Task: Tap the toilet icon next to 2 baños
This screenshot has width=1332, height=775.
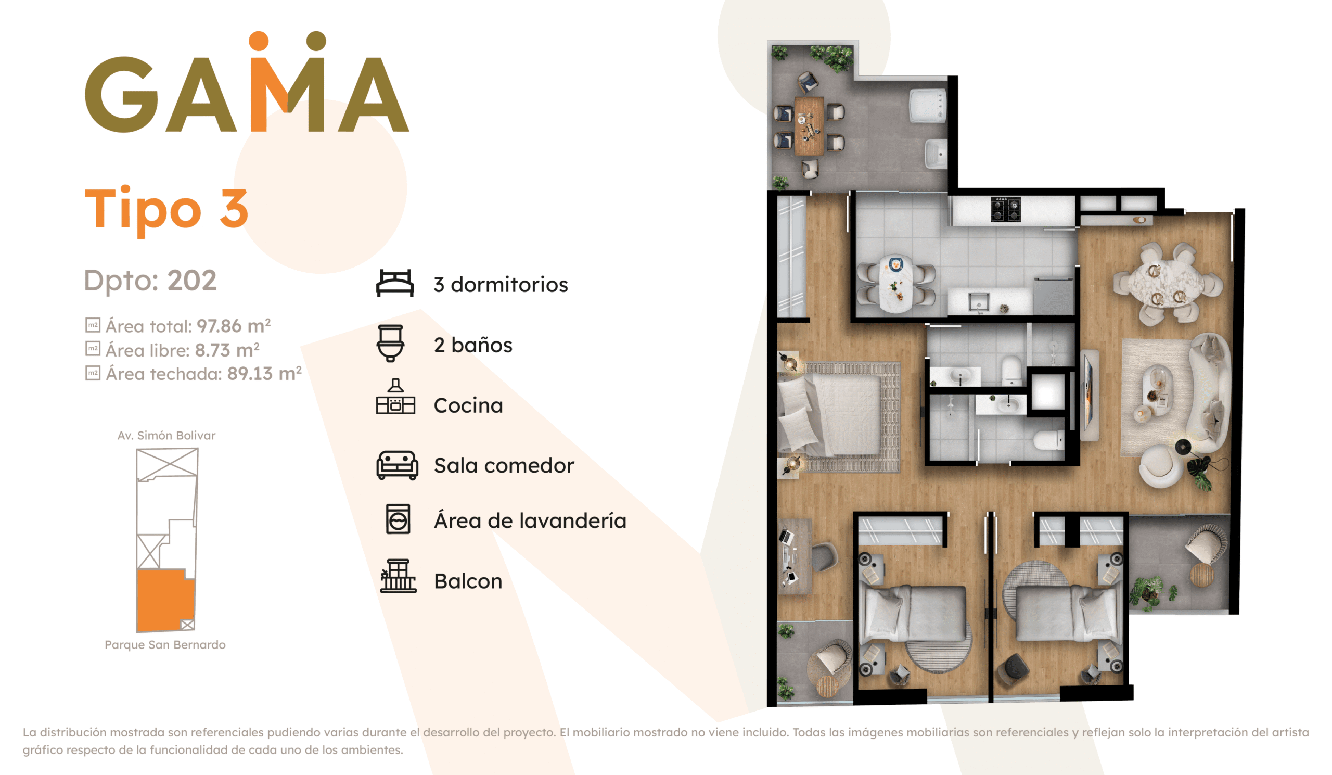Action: coord(390,343)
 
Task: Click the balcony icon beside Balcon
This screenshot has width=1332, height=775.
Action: coord(398,576)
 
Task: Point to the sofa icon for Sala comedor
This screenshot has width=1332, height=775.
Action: coord(397,465)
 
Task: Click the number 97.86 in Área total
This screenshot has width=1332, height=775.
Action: coord(219,326)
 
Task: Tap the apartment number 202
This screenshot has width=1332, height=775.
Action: coord(192,280)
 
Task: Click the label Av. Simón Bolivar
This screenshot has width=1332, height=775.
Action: coord(166,436)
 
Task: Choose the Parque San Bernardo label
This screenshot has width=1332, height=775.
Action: coord(165,644)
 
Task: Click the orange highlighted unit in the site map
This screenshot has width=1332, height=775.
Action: coord(165,601)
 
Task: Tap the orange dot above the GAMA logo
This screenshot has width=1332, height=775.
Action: coord(259,41)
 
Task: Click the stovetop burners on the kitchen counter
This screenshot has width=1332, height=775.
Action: coord(1005,209)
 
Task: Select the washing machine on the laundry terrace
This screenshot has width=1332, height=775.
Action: coord(927,105)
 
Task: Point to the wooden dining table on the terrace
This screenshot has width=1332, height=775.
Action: coord(809,126)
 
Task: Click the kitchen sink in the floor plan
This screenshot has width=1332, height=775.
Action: coord(979,301)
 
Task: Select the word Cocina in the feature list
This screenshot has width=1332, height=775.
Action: coord(468,405)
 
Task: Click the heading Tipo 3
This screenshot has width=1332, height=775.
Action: coord(166,210)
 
